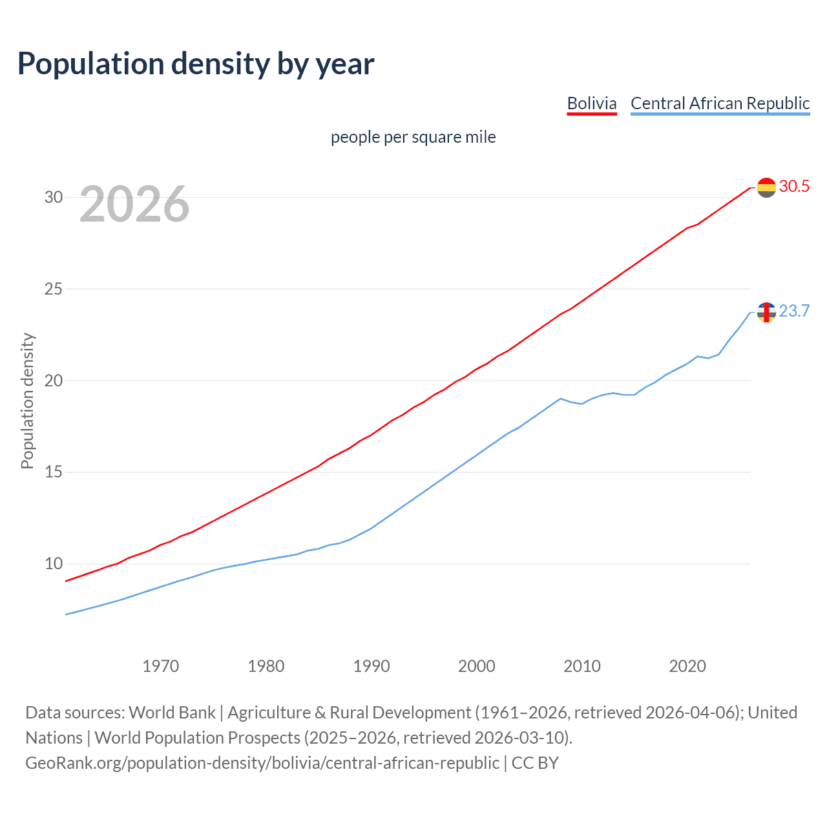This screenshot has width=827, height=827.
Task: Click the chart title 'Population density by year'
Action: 196,64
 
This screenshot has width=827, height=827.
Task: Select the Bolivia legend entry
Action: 591,103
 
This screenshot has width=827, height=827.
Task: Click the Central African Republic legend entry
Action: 720,103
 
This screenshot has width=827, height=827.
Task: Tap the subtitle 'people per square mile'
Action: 413,137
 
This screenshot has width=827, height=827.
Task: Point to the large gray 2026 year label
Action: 134,204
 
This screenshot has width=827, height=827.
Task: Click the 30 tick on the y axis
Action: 54,197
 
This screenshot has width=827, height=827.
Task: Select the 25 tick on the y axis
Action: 54,289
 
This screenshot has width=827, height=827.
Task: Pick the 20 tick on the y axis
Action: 54,381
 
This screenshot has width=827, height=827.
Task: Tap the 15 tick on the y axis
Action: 54,472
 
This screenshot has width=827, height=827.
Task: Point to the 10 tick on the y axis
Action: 54,563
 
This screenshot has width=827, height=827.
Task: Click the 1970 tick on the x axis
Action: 160,666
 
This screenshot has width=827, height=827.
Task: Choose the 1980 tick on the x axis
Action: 266,666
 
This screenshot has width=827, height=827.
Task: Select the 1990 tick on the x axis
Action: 371,666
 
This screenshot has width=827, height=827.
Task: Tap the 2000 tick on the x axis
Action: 476,666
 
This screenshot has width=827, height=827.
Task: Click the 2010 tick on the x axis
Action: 581,666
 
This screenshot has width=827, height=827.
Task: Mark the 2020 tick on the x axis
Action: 687,666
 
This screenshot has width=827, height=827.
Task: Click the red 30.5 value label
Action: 794,187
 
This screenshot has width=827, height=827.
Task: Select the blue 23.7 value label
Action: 794,311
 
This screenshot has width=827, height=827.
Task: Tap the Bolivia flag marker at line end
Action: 766,187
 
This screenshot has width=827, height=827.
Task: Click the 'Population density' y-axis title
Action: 27,401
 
